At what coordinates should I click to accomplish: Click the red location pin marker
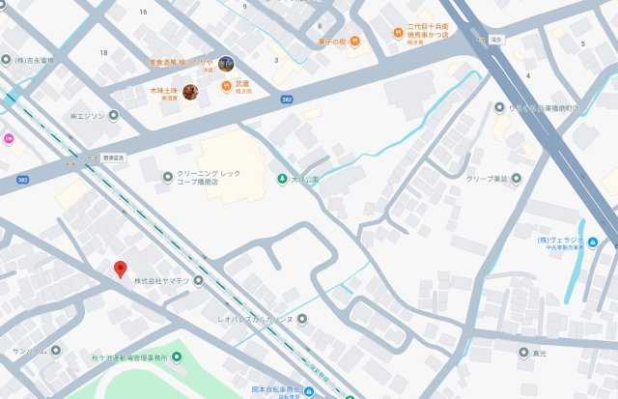click(120, 270)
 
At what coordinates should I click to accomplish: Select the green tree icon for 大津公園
click(282, 179)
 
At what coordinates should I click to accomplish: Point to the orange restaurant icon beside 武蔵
click(228, 84)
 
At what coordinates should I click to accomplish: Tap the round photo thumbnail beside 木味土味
click(190, 92)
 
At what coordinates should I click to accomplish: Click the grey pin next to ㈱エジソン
click(113, 115)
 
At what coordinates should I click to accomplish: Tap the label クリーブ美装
click(487, 178)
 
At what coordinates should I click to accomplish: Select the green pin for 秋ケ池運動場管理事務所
click(175, 357)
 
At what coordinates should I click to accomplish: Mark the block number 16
click(143, 12)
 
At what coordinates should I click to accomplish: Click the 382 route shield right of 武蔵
click(287, 98)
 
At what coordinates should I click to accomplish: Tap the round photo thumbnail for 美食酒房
click(226, 64)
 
